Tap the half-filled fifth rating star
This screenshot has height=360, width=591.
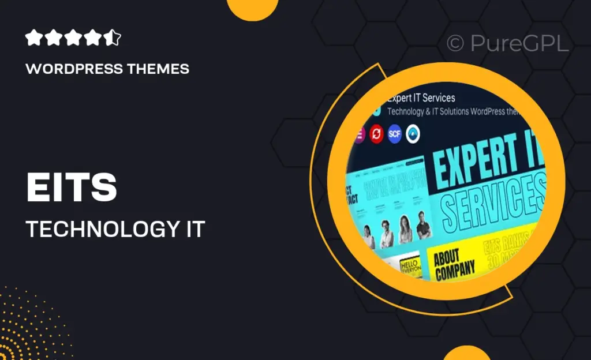pyautogui.click(x=114, y=39)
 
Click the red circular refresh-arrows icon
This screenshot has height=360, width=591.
pyautogui.click(x=377, y=134)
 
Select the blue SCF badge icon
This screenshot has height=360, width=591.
pyautogui.click(x=395, y=134)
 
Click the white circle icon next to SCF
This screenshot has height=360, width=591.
pyautogui.click(x=413, y=134)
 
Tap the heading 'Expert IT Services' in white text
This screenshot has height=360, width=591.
pyautogui.click(x=421, y=98)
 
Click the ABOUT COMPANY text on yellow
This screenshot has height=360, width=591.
pyautogui.click(x=454, y=262)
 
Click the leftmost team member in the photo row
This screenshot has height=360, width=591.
pyautogui.click(x=367, y=235)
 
